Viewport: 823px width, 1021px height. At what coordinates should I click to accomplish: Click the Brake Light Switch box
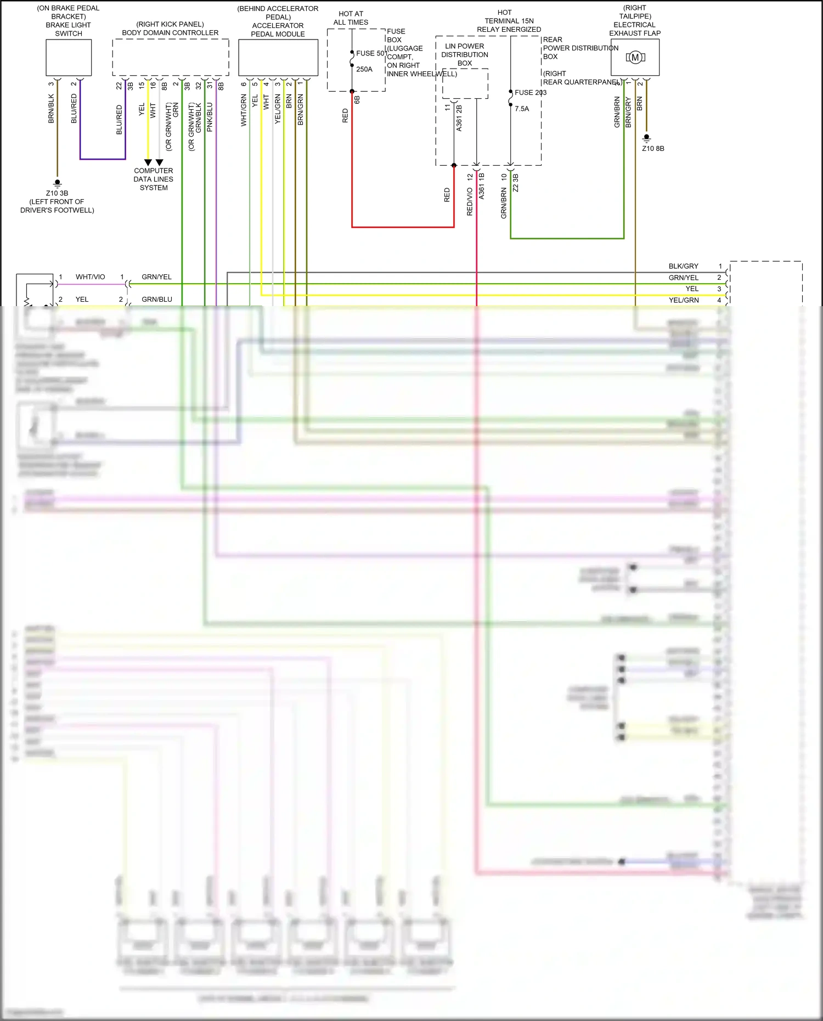click(x=69, y=58)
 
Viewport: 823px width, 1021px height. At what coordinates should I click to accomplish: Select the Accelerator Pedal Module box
click(x=278, y=58)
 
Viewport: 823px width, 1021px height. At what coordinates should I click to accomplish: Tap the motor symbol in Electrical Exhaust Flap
click(x=635, y=57)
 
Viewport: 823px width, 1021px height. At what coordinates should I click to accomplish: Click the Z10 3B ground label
click(x=57, y=193)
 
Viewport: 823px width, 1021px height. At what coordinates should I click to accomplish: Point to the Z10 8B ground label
click(x=653, y=149)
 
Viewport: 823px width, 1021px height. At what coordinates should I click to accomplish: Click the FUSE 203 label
click(x=530, y=93)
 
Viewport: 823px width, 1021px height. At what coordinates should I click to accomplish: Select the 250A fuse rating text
click(x=364, y=69)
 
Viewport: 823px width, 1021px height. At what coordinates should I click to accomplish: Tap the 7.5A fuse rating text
click(x=522, y=109)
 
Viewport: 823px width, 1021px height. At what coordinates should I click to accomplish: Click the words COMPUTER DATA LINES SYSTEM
click(x=154, y=179)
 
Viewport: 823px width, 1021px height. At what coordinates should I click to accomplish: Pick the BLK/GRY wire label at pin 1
click(x=683, y=266)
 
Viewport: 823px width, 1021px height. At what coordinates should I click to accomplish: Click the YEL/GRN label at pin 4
click(x=683, y=300)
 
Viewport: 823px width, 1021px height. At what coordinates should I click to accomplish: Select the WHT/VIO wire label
click(x=90, y=277)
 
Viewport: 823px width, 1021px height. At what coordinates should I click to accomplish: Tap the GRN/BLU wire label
click(x=156, y=300)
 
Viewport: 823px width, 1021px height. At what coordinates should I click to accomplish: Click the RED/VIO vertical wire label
click(x=470, y=201)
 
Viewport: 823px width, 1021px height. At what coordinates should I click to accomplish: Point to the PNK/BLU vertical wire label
click(x=210, y=117)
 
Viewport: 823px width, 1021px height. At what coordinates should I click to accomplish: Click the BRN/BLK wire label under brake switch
click(x=51, y=108)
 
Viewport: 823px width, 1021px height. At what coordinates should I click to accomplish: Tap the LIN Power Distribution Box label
click(x=464, y=54)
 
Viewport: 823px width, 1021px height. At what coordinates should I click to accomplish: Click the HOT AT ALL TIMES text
click(x=351, y=18)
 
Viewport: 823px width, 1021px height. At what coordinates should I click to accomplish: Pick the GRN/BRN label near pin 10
click(x=504, y=203)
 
